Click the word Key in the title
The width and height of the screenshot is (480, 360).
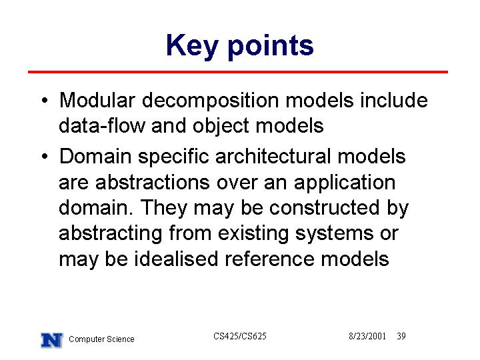click(192, 46)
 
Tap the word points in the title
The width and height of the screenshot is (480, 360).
click(271, 47)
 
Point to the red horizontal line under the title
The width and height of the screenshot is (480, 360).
click(238, 72)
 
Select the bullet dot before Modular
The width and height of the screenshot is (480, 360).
click(45, 101)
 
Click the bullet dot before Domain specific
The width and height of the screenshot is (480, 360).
click(45, 157)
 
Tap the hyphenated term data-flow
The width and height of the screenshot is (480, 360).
click(101, 126)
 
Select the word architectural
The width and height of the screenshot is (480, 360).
click(273, 157)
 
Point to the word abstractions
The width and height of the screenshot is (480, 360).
click(153, 183)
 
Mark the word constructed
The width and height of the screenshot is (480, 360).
click(325, 208)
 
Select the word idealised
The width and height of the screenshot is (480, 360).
click(176, 259)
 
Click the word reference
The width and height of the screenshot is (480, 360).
click(269, 259)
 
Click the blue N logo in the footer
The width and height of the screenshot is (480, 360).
click(51, 340)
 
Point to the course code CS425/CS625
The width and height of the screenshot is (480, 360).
click(240, 336)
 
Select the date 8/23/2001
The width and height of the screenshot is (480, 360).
click(367, 336)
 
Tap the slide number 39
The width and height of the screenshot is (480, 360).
click(401, 336)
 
